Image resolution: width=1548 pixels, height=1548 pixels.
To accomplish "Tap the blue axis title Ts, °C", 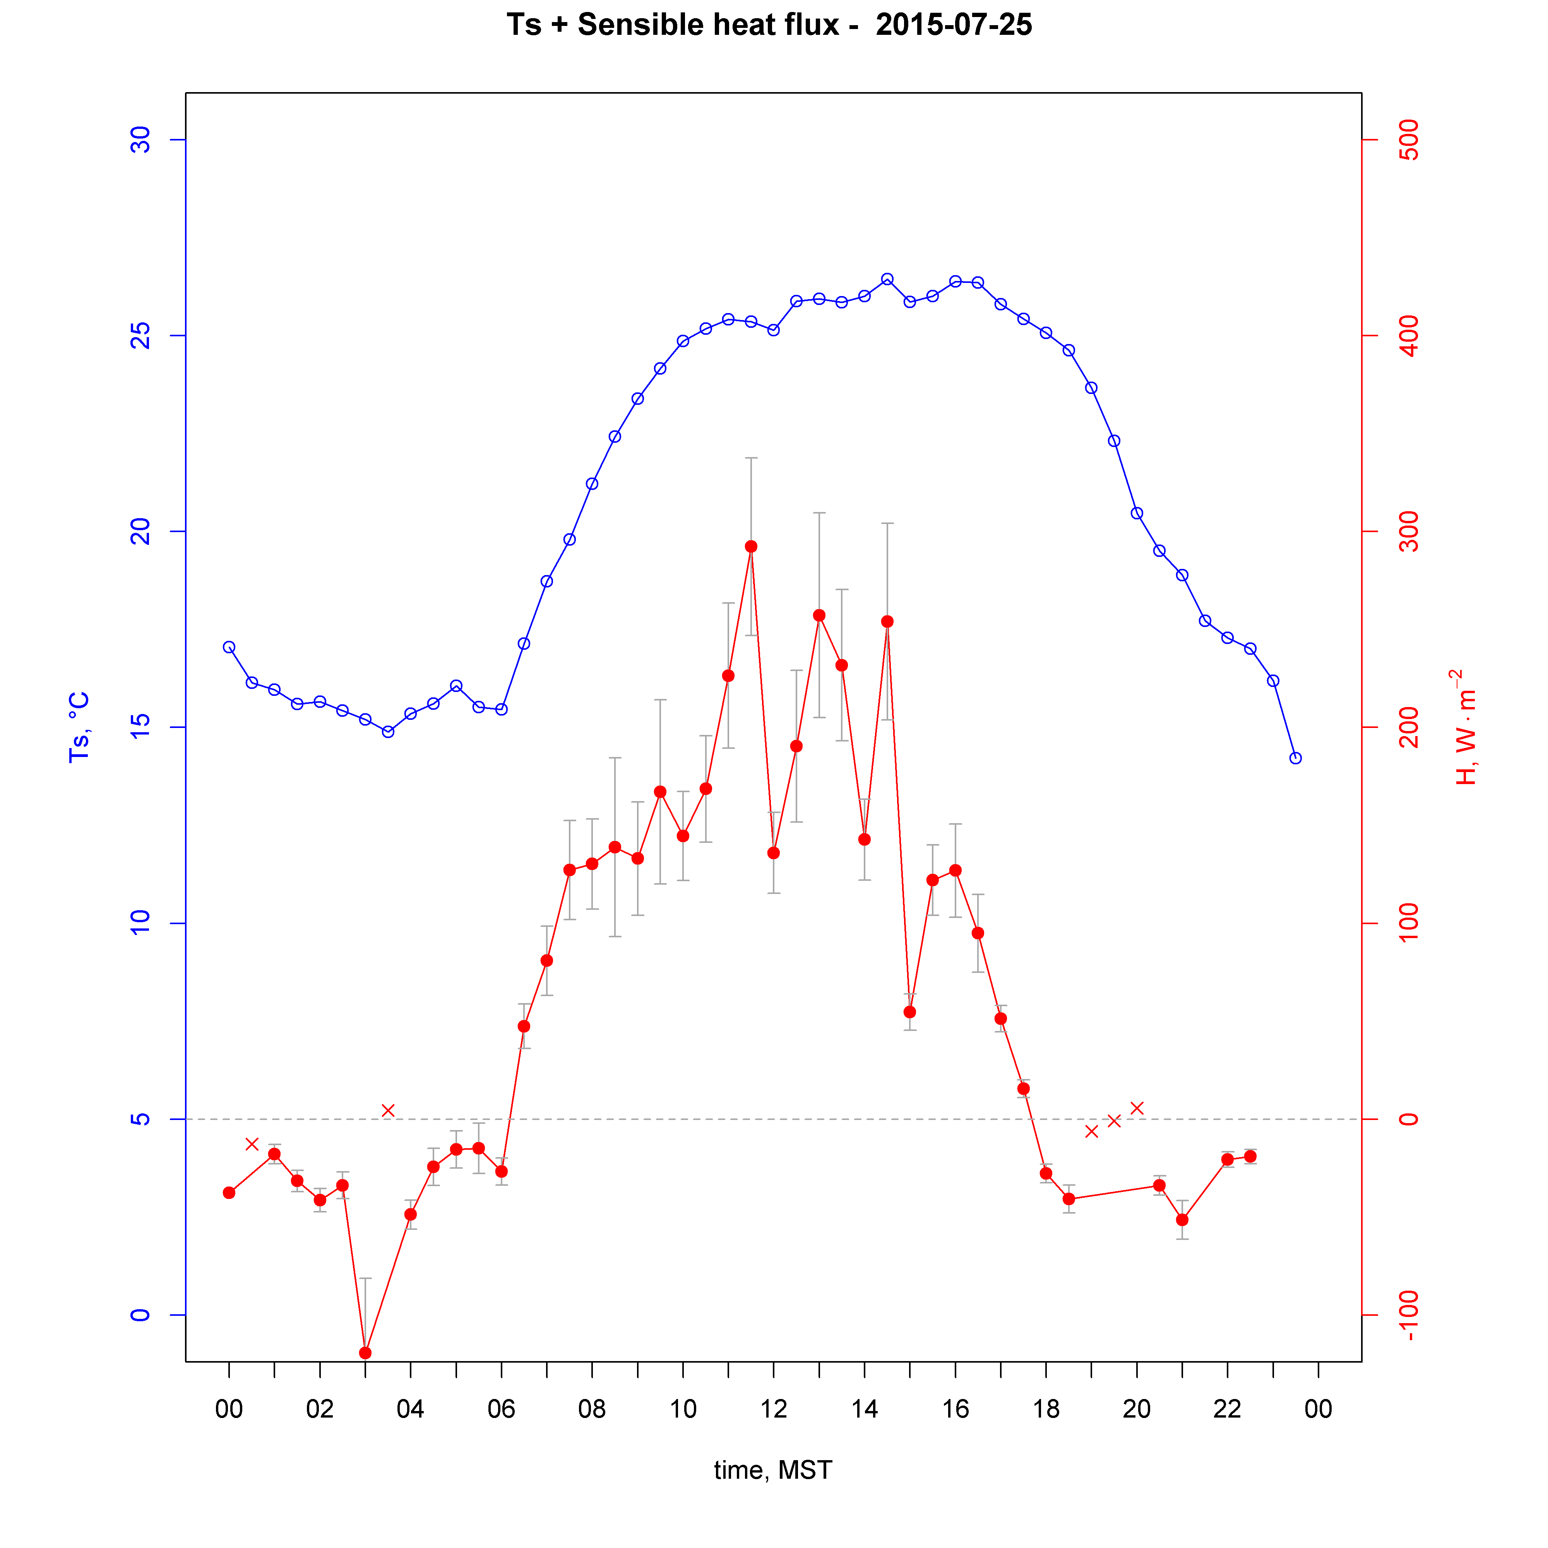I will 79,727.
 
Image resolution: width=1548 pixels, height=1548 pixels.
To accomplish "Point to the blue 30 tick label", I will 140,140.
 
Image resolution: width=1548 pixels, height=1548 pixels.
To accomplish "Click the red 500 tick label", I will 1408,140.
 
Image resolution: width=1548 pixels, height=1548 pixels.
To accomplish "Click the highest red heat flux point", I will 751,546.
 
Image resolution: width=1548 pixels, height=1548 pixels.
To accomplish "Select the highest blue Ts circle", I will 887,279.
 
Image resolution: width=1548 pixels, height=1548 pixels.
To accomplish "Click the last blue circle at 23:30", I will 1296,758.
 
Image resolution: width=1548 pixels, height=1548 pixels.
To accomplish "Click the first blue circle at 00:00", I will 229,647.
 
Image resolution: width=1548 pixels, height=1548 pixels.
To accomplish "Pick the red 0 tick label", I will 1408,1119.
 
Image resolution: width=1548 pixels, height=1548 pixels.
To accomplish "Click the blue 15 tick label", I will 140,728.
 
